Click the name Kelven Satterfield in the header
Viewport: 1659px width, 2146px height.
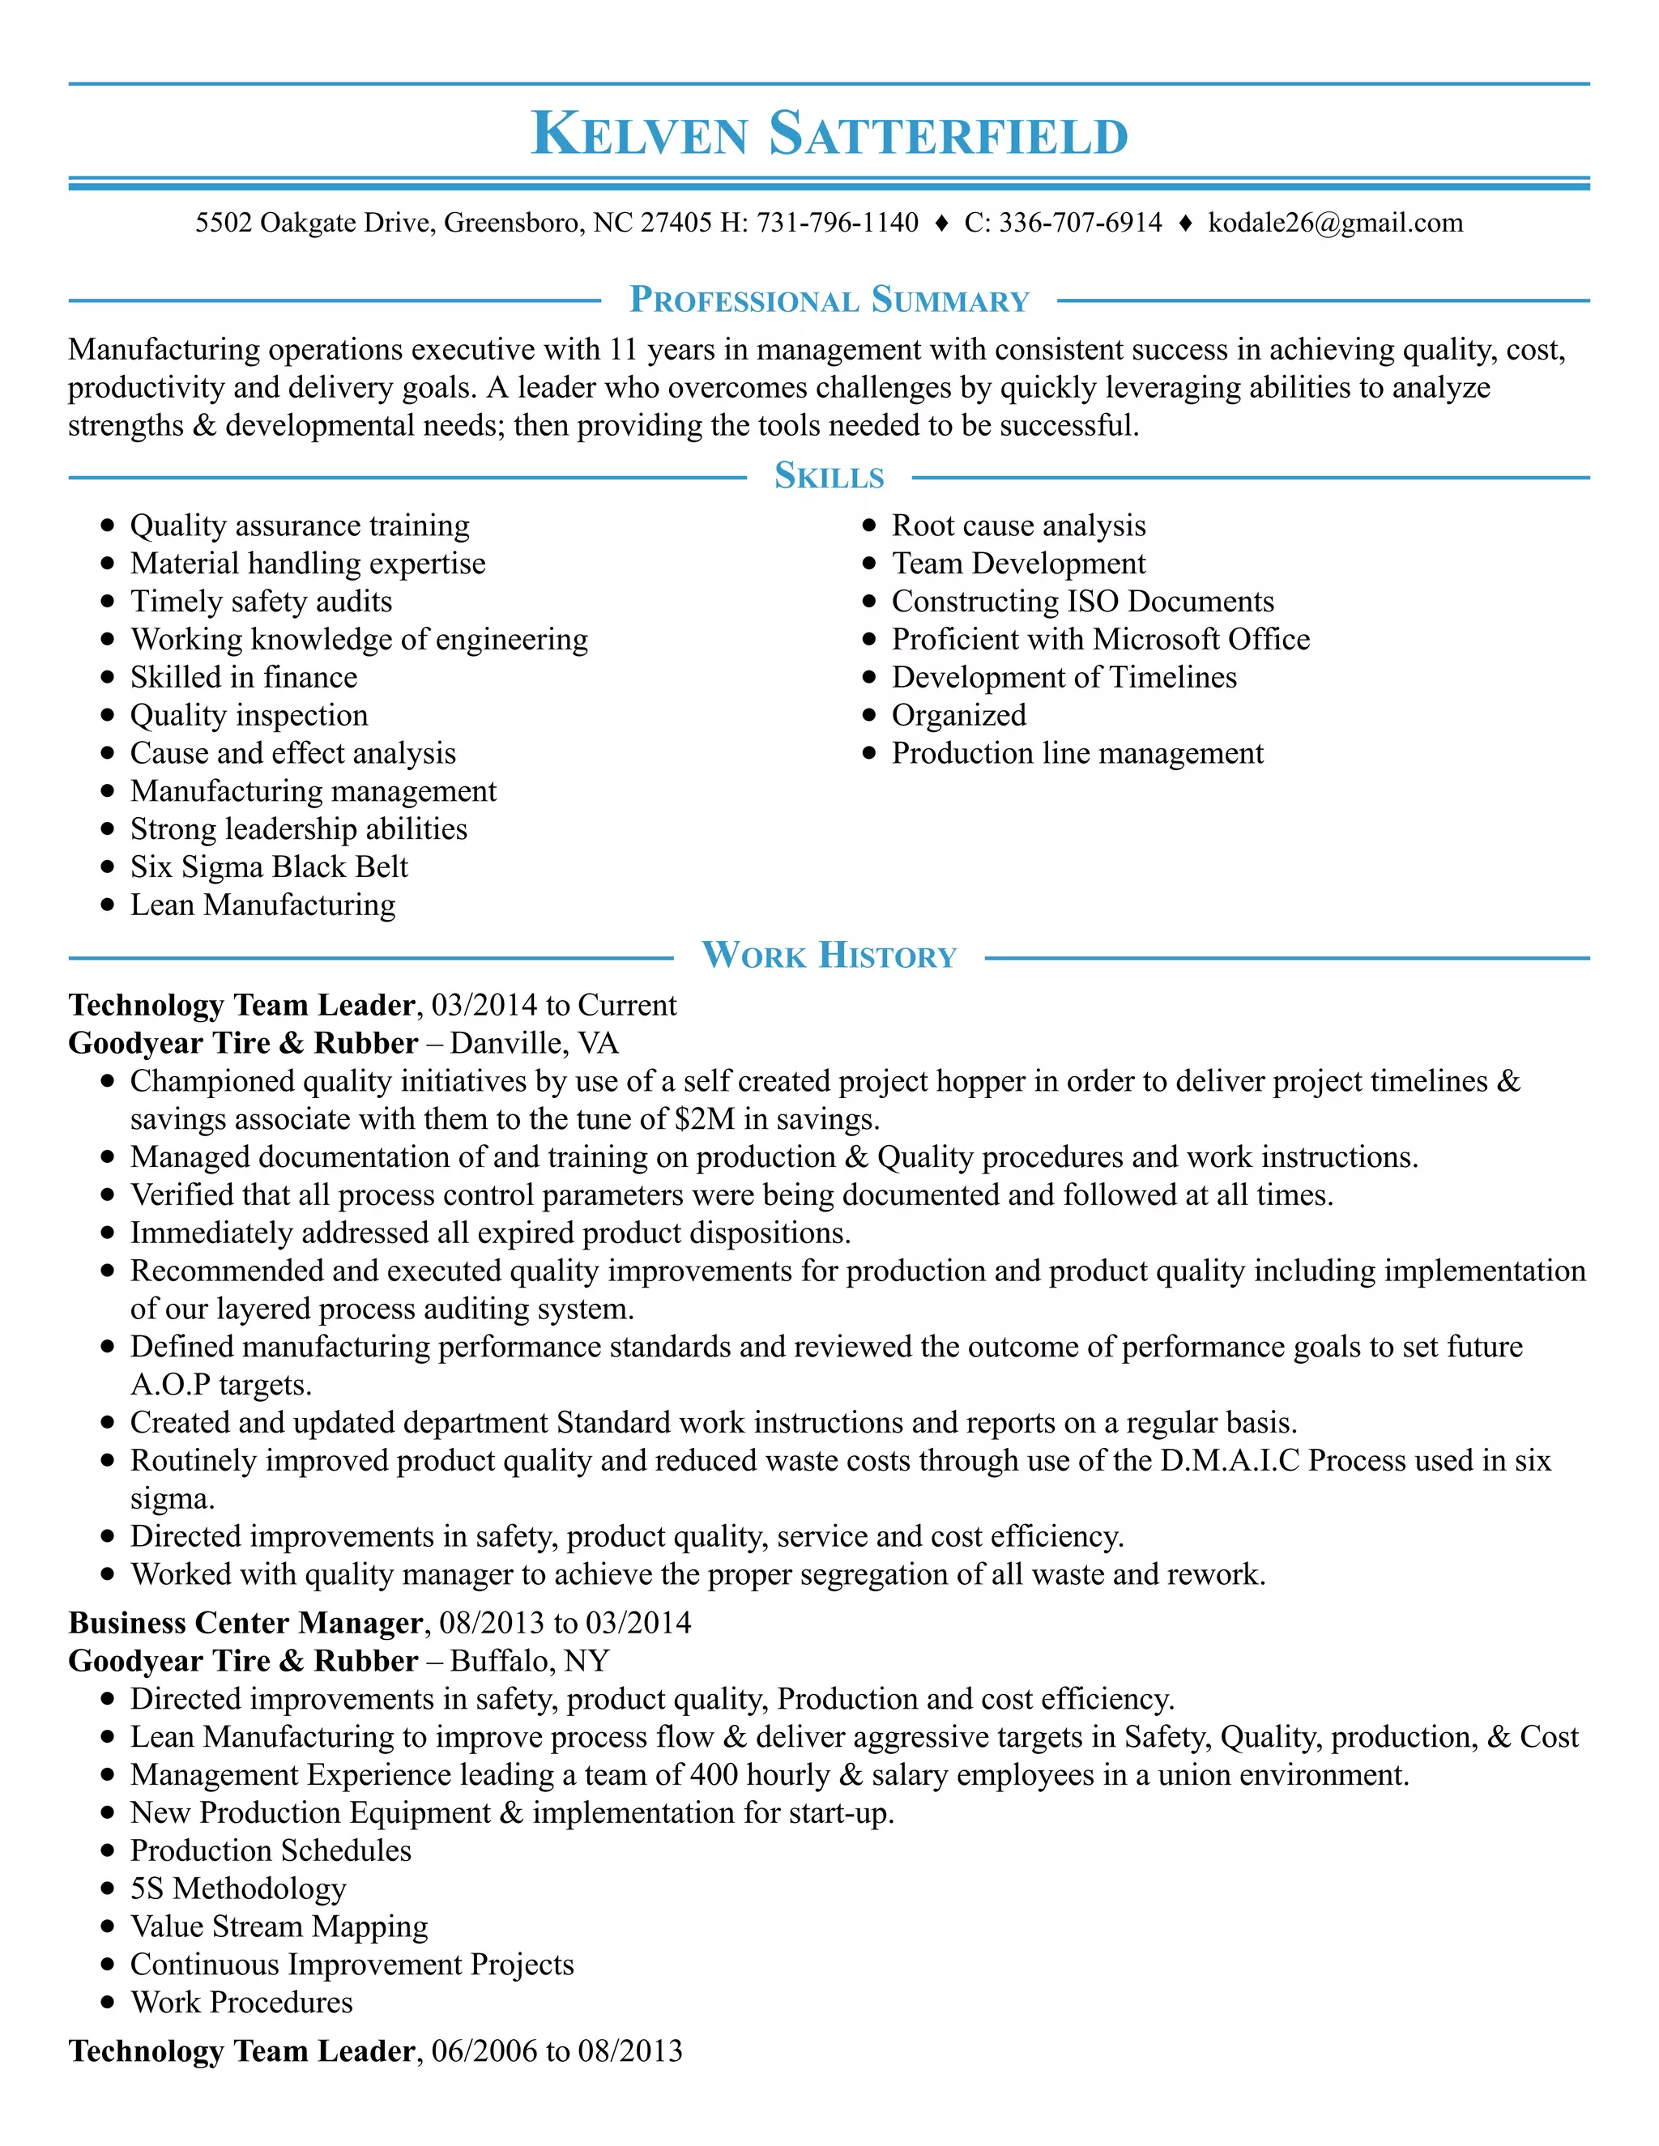click(x=829, y=134)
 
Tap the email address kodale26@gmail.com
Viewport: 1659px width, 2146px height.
click(x=1335, y=223)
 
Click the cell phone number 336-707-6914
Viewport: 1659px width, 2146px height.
click(x=1080, y=223)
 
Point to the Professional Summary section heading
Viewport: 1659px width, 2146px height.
click(x=829, y=300)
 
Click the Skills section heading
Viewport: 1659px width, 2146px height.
click(x=829, y=476)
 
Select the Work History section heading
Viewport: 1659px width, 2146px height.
click(x=829, y=955)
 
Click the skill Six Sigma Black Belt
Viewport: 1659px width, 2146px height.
click(x=268, y=866)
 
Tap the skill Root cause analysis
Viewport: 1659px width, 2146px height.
click(x=1018, y=526)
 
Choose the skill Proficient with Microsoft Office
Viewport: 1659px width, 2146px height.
click(x=1100, y=640)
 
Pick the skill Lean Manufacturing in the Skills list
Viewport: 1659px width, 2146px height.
click(x=262, y=905)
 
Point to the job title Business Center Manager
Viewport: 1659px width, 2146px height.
click(x=245, y=1622)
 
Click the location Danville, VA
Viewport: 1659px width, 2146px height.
click(x=534, y=1044)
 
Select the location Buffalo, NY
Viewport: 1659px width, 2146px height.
click(x=530, y=1661)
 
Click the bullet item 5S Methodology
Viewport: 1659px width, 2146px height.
click(x=238, y=1888)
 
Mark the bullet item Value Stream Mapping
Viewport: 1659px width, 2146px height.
click(x=279, y=1927)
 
